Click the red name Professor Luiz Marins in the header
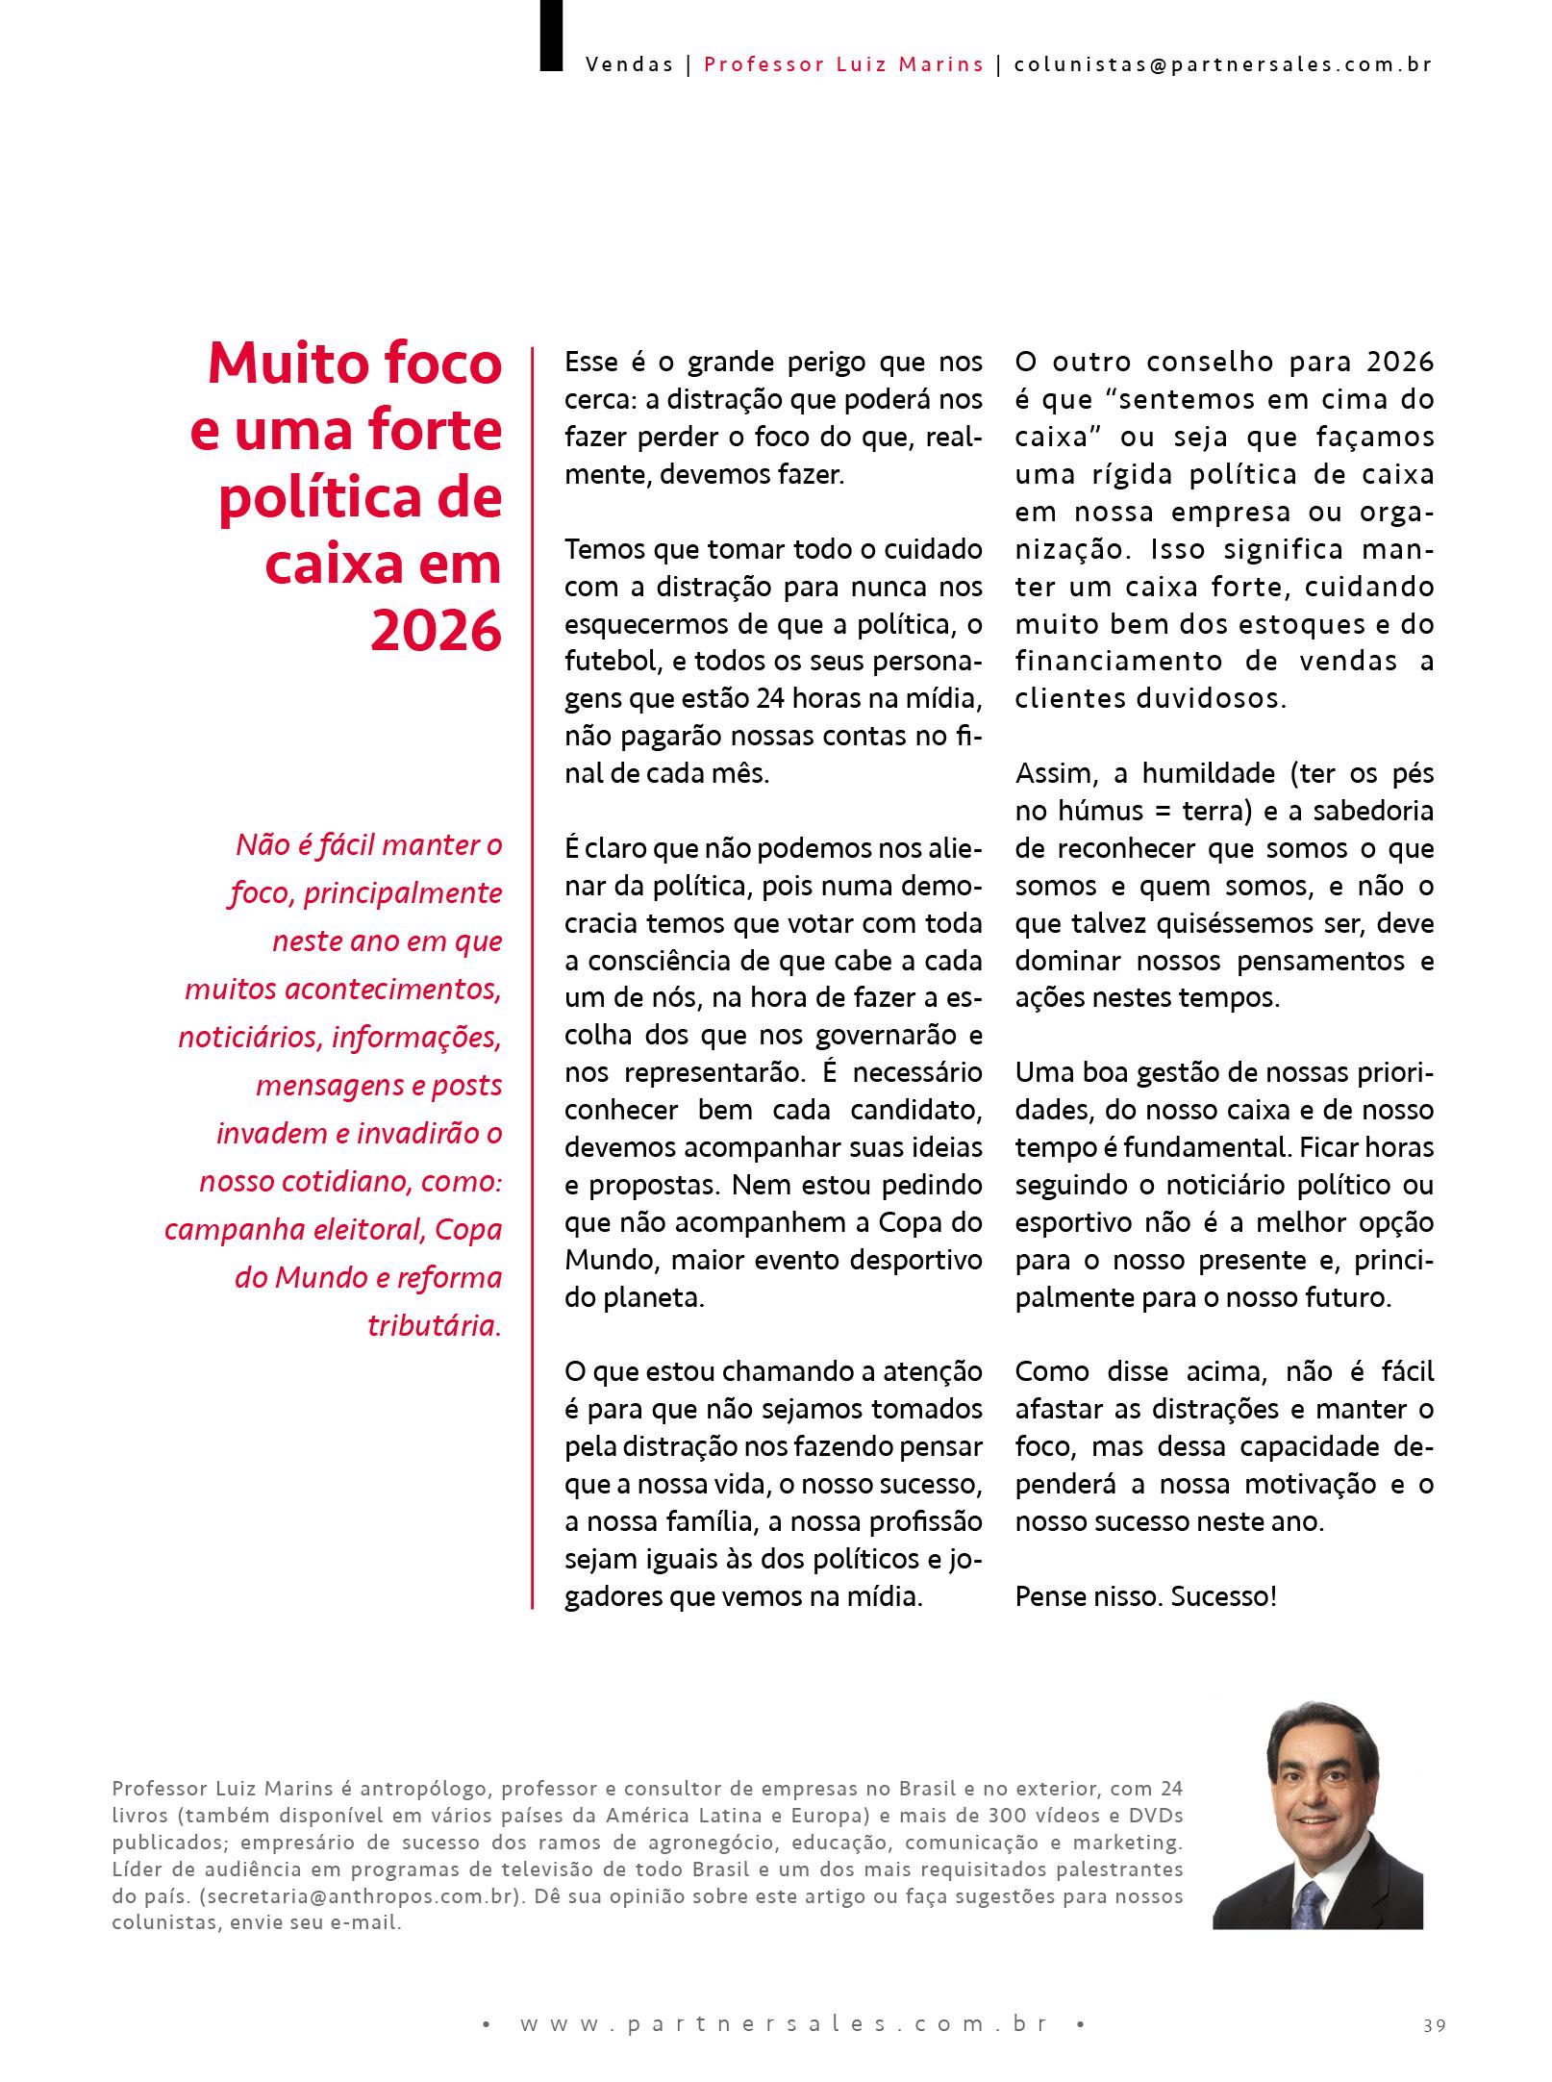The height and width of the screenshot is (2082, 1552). pyautogui.click(x=843, y=64)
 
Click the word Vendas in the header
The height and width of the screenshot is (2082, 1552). pyautogui.click(x=629, y=64)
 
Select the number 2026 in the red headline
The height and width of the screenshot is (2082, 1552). pyautogui.click(x=436, y=631)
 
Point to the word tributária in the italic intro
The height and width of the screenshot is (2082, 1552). pyautogui.click(x=435, y=1325)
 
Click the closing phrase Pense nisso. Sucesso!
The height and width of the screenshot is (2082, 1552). pyautogui.click(x=1145, y=1597)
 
